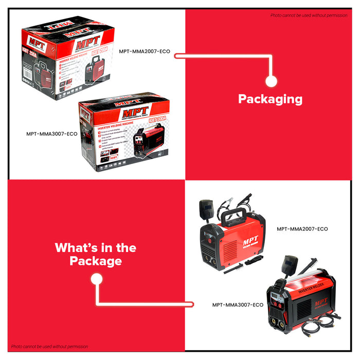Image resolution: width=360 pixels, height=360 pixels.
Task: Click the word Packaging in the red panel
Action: click(x=270, y=99)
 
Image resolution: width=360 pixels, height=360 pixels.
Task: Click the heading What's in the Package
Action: click(x=96, y=254)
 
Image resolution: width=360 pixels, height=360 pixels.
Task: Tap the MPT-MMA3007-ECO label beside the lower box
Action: click(x=51, y=134)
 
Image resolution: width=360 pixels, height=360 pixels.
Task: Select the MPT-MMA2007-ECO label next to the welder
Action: click(x=302, y=229)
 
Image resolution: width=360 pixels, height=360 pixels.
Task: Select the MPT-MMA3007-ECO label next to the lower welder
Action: click(x=238, y=305)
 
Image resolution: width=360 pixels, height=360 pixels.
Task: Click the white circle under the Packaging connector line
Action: click(x=272, y=81)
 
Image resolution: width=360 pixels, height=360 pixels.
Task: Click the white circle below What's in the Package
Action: click(x=96, y=279)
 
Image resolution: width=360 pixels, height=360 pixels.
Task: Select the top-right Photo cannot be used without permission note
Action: click(x=309, y=15)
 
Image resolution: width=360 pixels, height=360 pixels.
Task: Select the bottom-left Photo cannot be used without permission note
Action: click(x=49, y=347)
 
